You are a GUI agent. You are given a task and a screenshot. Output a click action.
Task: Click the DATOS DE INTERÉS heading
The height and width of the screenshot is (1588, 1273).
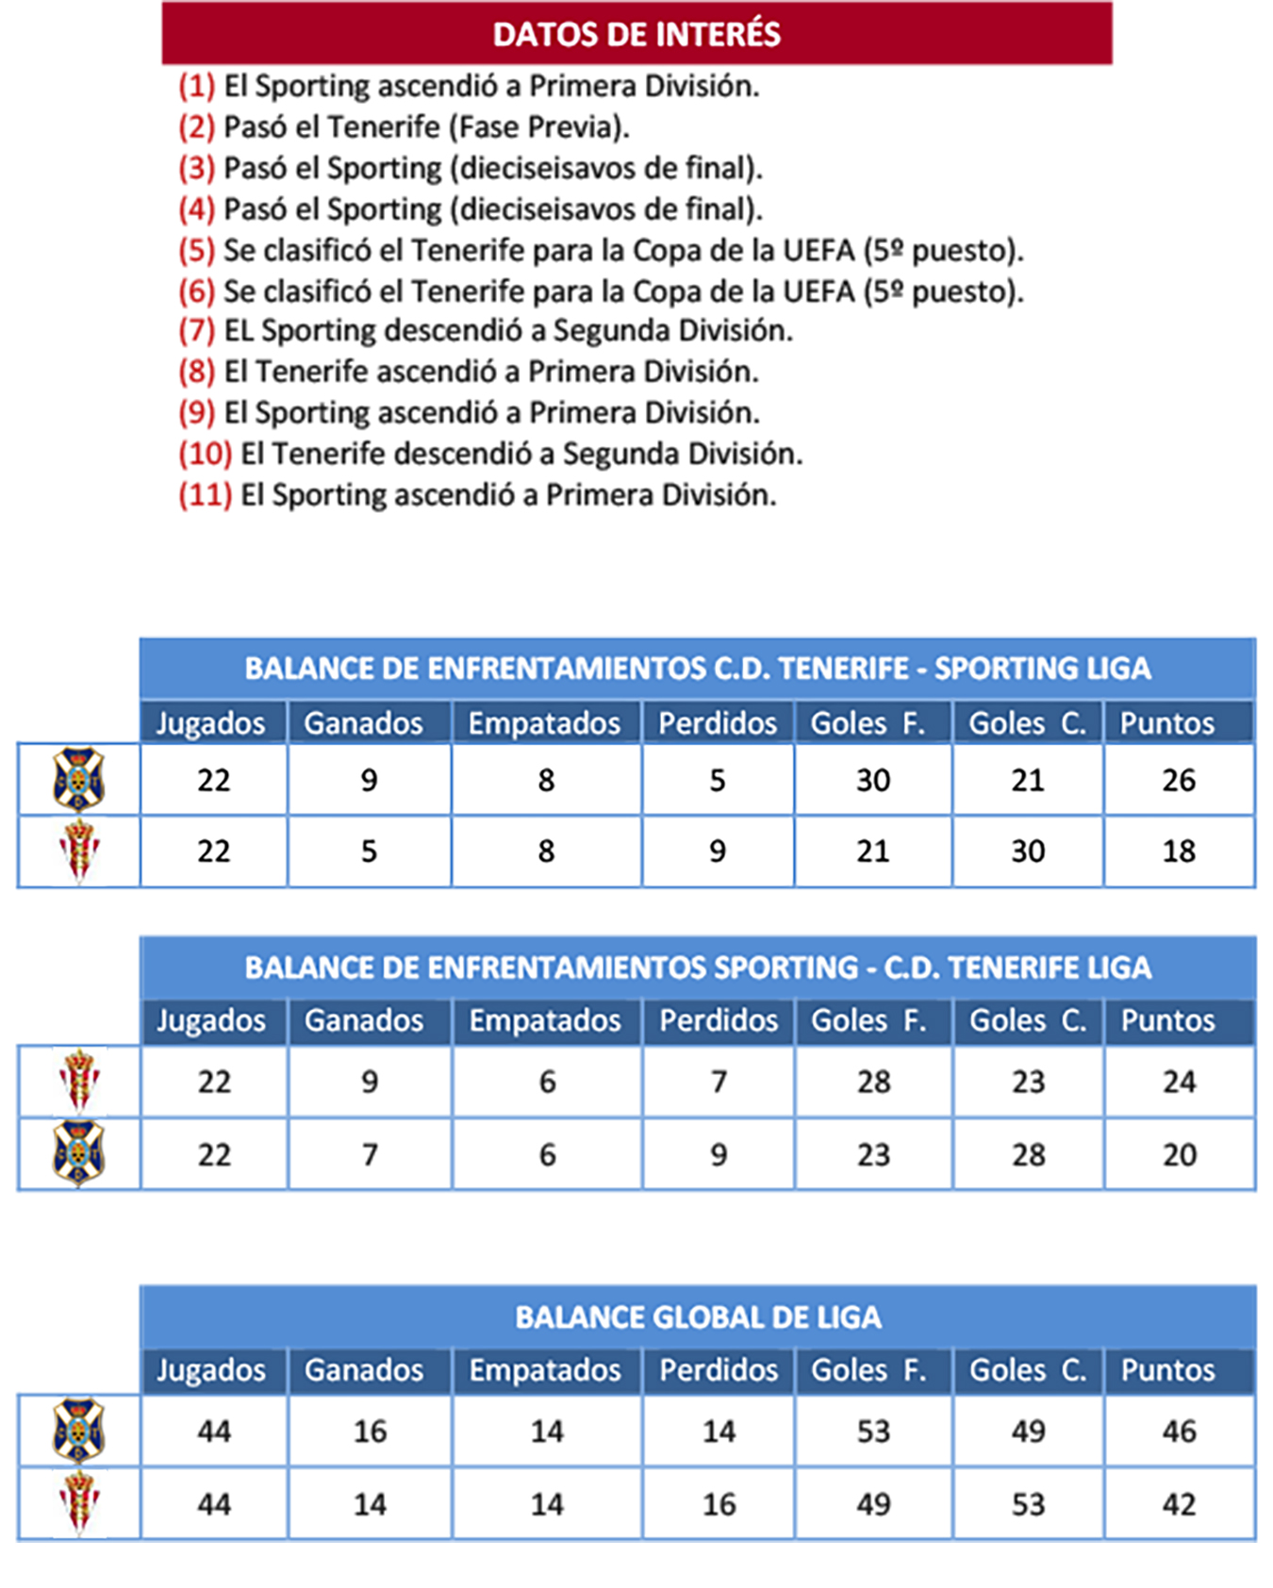pos(636,35)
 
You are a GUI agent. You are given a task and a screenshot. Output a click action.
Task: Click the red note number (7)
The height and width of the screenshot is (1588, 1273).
pos(197,331)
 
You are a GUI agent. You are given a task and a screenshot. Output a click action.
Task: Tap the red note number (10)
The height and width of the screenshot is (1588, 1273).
pos(206,455)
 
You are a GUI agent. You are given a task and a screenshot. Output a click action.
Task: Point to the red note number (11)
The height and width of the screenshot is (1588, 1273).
pos(206,495)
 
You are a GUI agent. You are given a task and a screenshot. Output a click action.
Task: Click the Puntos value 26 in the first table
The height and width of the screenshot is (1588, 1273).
pos(1179,781)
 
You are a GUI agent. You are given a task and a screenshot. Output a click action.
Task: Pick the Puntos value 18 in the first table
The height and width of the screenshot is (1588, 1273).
pos(1179,852)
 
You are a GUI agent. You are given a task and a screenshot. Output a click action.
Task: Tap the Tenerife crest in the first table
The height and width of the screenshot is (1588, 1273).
pos(78,780)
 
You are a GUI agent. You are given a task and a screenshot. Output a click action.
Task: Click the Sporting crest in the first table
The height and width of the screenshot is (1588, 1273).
pos(78,852)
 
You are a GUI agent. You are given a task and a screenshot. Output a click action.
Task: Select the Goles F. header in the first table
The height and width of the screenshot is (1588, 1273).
pos(868,723)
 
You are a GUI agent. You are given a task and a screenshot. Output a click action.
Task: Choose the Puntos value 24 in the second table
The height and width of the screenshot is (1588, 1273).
pos(1179,1082)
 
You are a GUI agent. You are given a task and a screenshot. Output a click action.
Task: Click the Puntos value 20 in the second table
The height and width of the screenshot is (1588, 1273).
pos(1179,1155)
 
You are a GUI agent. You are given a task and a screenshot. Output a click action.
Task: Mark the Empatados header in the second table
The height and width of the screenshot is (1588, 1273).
pos(545,1021)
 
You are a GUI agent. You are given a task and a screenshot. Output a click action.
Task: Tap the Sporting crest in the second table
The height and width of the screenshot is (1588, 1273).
pos(78,1081)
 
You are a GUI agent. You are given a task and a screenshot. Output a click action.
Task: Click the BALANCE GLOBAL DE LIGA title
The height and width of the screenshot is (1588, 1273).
pos(698,1317)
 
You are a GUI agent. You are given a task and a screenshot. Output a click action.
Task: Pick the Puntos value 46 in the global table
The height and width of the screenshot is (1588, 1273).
pos(1179,1431)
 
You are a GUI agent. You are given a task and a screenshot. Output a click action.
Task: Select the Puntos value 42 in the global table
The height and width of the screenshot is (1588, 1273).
pos(1179,1504)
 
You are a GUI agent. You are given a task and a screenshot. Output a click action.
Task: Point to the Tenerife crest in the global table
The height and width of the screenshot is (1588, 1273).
pos(78,1431)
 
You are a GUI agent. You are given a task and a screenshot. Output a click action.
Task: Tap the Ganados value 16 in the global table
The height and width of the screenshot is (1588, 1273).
pos(370,1431)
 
